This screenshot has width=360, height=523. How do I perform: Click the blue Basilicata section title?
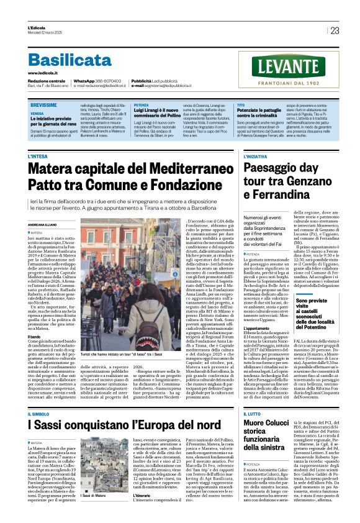click(x=68, y=60)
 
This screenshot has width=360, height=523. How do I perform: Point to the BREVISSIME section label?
click(x=44, y=106)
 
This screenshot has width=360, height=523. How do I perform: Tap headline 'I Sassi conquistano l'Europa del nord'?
click(x=124, y=425)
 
